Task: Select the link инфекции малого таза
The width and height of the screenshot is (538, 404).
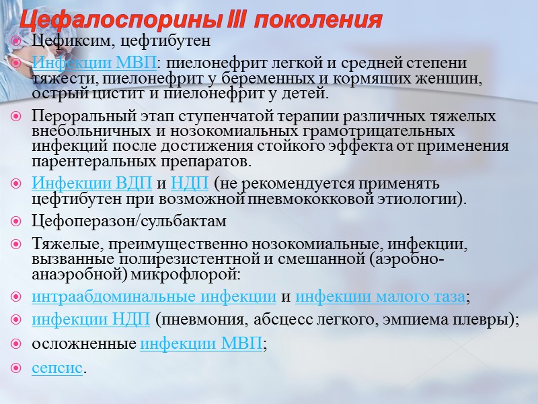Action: tap(380, 297)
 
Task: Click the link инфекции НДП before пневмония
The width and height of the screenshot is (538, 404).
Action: tap(91, 319)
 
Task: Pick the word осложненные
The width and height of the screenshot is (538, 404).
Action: tap(84, 344)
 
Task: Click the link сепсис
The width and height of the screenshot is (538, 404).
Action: tap(57, 368)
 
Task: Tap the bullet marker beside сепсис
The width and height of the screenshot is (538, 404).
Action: tap(18, 368)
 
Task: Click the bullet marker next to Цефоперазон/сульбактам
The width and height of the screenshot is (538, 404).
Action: tap(18, 222)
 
